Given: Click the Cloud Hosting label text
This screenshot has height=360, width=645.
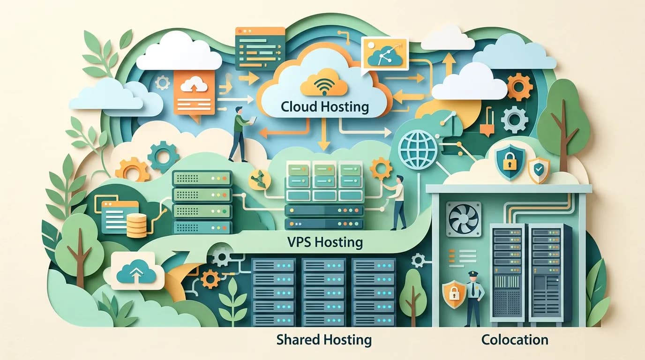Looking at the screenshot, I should point(324,106).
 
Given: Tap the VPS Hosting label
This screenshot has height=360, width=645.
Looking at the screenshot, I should point(324,242).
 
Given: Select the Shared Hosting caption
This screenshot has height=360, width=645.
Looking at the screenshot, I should point(324,339).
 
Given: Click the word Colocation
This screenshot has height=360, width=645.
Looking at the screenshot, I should point(515,339).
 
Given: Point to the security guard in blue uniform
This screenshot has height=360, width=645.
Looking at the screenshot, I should point(473,298).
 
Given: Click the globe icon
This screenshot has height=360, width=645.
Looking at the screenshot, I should point(417,150).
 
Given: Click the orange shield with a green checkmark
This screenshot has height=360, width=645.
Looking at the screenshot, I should point(539,170).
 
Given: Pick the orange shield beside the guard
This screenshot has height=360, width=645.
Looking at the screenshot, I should point(453,294).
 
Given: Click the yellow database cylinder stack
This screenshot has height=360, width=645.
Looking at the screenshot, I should point(136,224).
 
